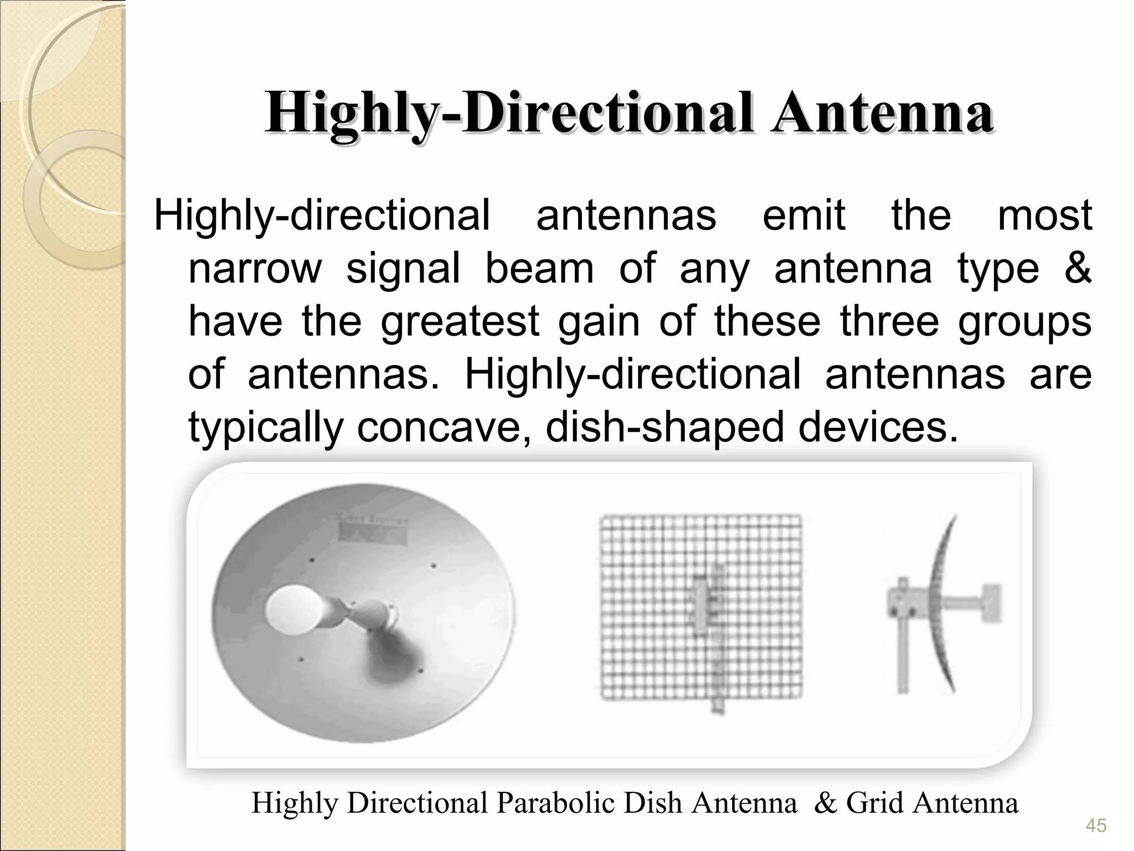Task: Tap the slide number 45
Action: pyautogui.click(x=1096, y=826)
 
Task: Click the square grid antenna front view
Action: pyautogui.click(x=701, y=607)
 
